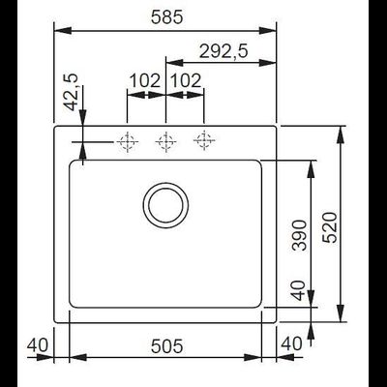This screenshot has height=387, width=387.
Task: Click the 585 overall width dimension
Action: coord(166,15)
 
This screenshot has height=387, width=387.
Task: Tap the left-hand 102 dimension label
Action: coord(144,81)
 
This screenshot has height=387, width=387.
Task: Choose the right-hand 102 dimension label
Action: coord(185,81)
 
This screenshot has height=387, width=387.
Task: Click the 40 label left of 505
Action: coord(38,343)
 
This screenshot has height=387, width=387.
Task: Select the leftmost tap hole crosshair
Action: coord(126,141)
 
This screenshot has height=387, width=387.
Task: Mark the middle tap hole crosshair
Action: coord(165,141)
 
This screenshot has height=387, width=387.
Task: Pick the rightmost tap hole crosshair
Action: coord(203,141)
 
